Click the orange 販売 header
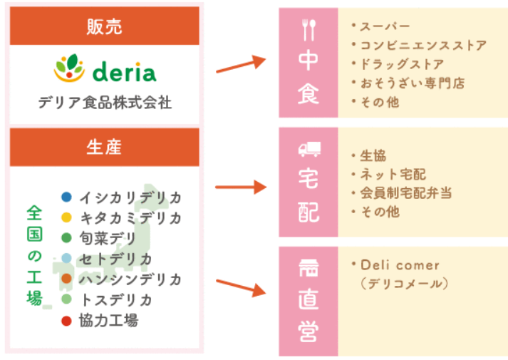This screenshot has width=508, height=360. click(104, 26)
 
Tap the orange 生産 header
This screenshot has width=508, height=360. click(104, 147)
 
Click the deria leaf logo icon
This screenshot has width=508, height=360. click(69, 68)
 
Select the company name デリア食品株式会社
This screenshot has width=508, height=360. click(105, 103)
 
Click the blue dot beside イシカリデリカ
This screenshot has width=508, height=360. click(66, 197)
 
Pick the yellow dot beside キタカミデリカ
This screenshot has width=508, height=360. click(66, 217)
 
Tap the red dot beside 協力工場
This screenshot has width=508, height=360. click(66, 321)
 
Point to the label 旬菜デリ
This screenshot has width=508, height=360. click(108, 239)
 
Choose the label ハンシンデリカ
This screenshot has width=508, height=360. click(130, 279)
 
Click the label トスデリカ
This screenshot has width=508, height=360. click(116, 300)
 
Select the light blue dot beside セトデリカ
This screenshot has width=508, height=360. click(66, 258)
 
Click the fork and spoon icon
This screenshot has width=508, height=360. click(309, 30)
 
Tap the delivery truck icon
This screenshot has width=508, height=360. click(309, 149)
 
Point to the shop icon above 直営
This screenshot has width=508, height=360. click(309, 268)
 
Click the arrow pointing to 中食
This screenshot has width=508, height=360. click(241, 64)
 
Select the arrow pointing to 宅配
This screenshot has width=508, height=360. click(241, 187)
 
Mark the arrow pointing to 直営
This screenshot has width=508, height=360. click(241, 288)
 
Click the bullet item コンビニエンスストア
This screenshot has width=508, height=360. click(423, 46)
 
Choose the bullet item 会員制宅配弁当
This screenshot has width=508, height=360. click(406, 193)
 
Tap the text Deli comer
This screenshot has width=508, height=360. click(400, 265)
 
